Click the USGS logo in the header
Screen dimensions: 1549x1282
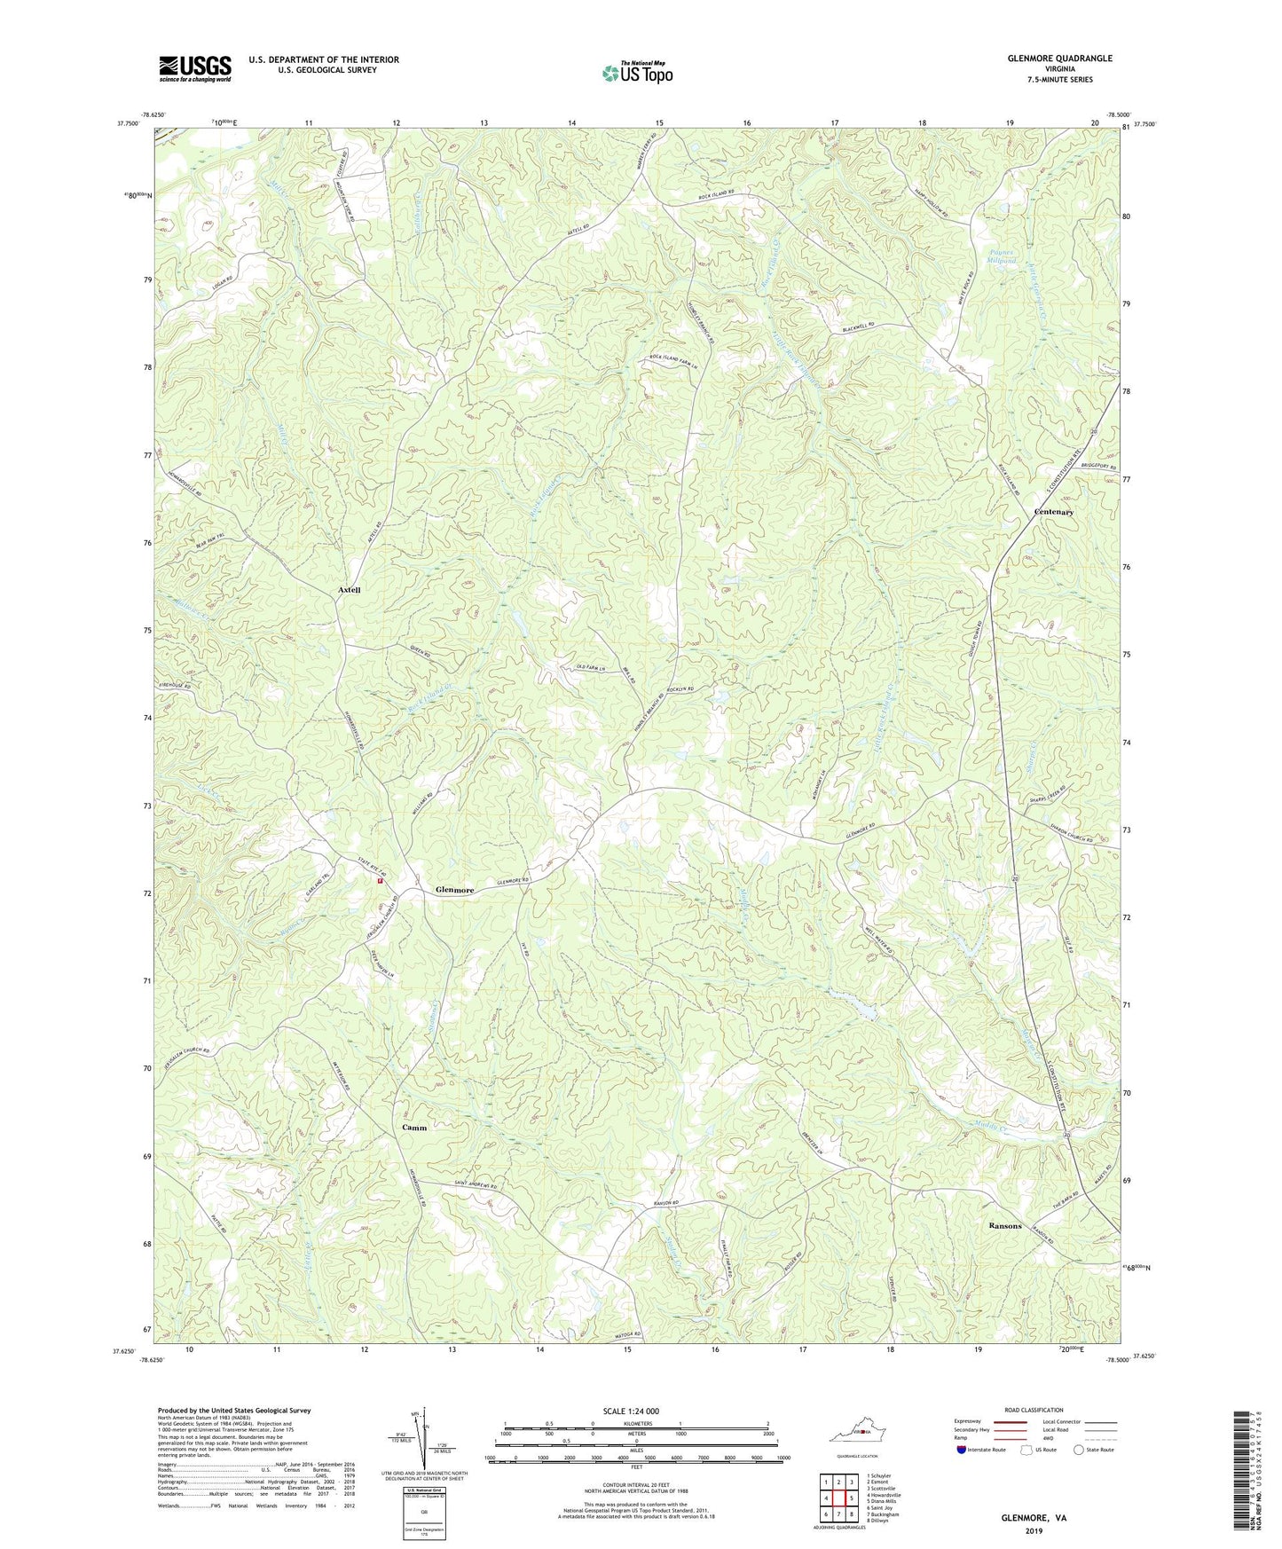point(194,68)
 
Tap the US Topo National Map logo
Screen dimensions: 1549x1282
point(635,73)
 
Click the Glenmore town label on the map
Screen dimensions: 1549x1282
point(454,890)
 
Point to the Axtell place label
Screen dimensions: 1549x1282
point(349,590)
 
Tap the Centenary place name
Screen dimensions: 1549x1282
point(1054,512)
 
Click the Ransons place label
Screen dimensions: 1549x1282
point(1005,1225)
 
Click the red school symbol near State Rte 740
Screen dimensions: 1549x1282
point(380,882)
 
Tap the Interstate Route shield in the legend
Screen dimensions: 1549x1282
point(963,1450)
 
